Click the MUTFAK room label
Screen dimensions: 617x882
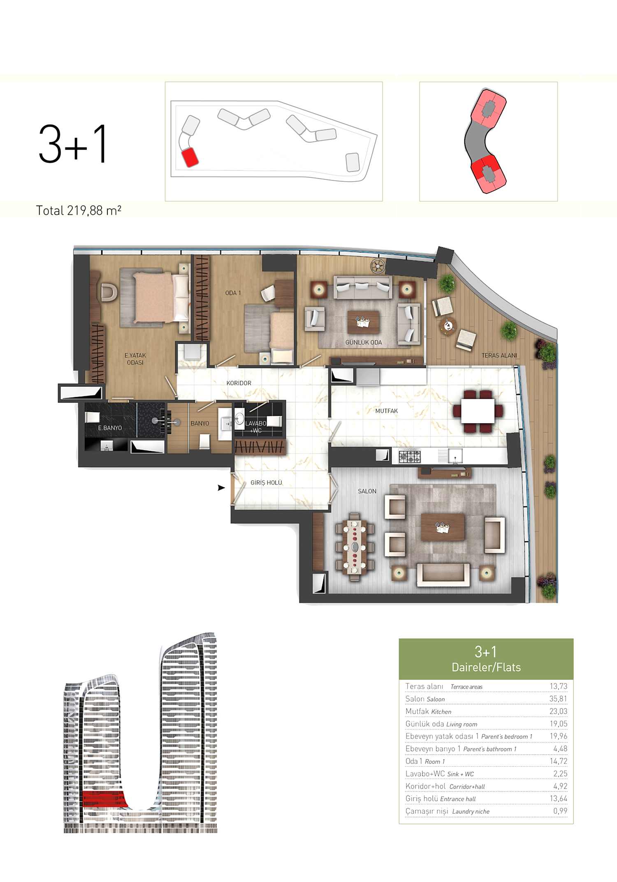386,411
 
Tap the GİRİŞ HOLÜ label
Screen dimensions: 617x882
266,482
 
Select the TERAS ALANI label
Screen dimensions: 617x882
499,355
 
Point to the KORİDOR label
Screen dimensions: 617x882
239,383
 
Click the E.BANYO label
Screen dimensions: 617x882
110,428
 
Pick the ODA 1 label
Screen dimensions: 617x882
233,293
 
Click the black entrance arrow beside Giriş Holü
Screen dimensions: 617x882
221,488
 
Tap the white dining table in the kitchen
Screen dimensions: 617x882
478,411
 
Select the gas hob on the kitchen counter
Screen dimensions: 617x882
410,456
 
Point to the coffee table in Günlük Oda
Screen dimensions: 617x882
363,322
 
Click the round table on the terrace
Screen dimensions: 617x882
448,326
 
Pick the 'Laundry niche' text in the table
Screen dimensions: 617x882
471,811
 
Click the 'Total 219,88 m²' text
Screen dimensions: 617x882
79,210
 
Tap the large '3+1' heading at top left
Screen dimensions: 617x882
73,144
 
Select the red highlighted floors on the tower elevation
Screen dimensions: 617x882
103,799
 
